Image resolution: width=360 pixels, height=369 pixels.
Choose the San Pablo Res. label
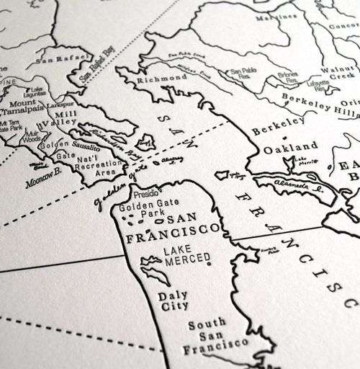(243, 74)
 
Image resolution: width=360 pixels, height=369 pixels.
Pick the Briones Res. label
(289, 76)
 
